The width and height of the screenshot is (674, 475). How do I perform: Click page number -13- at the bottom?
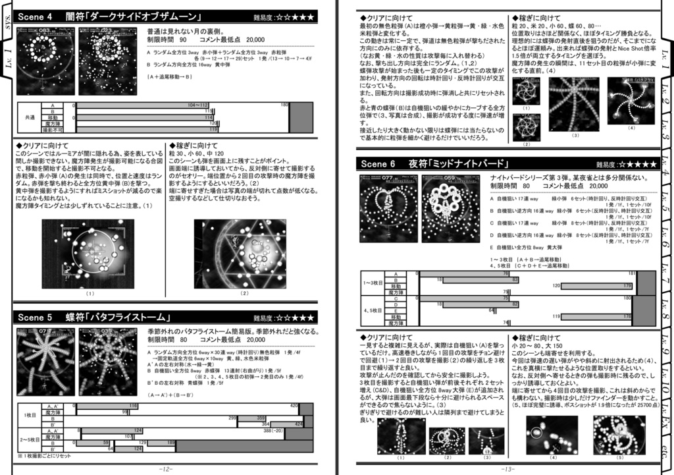pos(507,468)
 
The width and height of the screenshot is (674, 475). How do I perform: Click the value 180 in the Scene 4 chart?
pos(284,105)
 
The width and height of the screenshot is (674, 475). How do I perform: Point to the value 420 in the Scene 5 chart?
pos(294,406)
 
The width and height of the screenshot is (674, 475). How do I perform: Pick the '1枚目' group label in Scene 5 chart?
pos(29,415)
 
